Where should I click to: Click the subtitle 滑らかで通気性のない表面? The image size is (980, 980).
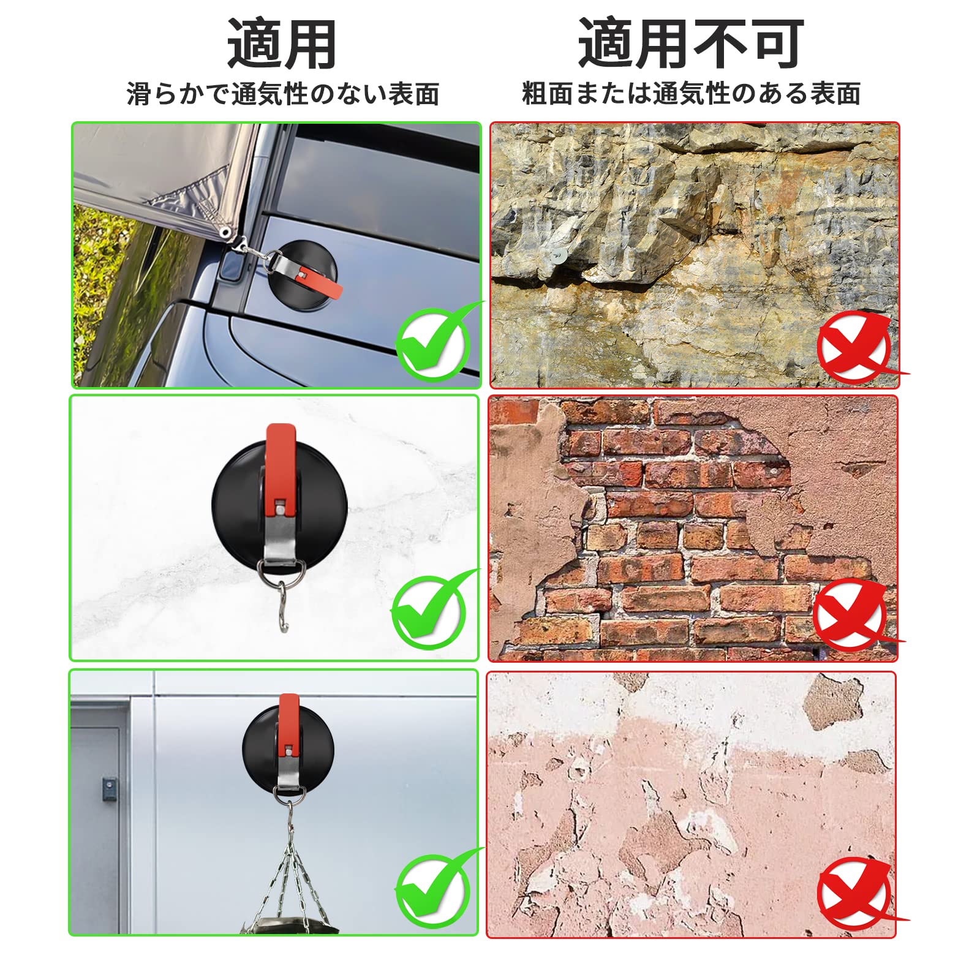click(283, 94)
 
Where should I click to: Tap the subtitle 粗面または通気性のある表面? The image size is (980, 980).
click(692, 93)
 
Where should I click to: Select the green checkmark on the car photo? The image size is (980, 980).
click(436, 341)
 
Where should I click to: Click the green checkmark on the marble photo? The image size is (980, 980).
click(432, 610)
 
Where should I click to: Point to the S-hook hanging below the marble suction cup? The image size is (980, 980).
click(283, 606)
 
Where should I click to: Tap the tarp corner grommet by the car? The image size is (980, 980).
click(226, 233)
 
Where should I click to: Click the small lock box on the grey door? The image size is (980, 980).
click(109, 788)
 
